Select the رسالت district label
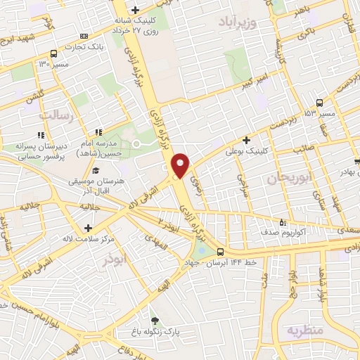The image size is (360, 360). [57, 115]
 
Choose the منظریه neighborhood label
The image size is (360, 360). [304, 330]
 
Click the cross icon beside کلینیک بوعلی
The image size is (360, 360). [246, 140]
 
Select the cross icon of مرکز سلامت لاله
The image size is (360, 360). [88, 228]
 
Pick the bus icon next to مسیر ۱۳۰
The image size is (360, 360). [54, 54]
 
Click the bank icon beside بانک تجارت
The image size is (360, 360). [84, 36]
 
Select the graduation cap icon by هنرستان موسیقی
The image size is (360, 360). [95, 171]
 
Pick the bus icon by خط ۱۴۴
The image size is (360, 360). [221, 252]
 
